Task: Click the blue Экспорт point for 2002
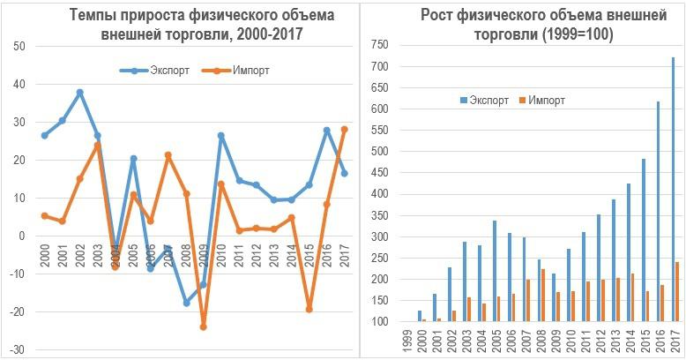point(79,92)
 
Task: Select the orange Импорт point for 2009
point(203,326)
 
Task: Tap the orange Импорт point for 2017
point(344,129)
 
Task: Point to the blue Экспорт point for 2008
point(186,303)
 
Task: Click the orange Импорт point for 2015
point(309,309)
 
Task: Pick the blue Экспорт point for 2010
point(220,136)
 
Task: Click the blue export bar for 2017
point(674,189)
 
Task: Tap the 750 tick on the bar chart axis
point(379,44)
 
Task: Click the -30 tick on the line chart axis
point(18,350)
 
